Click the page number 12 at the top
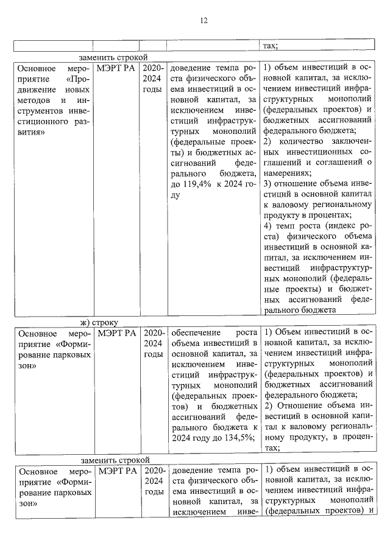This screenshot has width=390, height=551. (x=204, y=21)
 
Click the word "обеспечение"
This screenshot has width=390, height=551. (x=194, y=333)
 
